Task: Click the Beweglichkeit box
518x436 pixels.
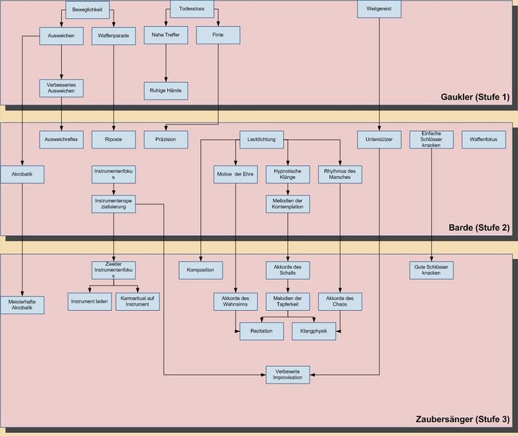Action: pos(88,10)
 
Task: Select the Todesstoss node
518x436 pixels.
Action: pos(191,10)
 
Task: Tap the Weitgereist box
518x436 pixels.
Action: pos(380,9)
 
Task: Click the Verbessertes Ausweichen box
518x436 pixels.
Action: pos(62,89)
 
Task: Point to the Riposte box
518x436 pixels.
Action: pos(113,138)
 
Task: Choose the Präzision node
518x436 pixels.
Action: pos(166,138)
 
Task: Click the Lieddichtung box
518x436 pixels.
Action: pos(262,138)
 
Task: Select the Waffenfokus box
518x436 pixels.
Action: pos(484,138)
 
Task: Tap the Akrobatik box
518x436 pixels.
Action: pos(23,175)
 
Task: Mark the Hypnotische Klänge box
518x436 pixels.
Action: pos(288,175)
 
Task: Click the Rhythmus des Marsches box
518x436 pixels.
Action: pos(340,175)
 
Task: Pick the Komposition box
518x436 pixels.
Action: pos(200,270)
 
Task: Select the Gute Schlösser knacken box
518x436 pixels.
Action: pos(431,270)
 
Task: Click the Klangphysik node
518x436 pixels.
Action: pos(314,331)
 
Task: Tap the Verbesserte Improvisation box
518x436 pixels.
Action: pos(288,374)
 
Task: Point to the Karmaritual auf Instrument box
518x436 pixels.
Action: pos(138,301)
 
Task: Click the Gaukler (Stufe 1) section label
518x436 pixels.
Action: pos(475,98)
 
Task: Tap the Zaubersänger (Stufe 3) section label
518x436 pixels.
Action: pos(463,420)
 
